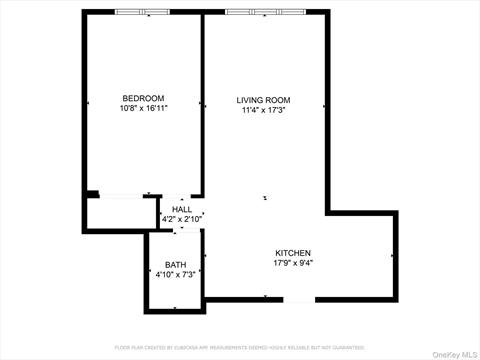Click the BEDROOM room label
[143, 98]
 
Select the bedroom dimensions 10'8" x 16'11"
[143, 108]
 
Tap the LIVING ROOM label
[263, 100]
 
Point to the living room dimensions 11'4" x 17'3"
[263, 110]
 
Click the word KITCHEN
[293, 253]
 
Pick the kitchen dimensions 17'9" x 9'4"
[293, 264]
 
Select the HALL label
[181, 209]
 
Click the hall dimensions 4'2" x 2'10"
[181, 219]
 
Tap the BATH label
[175, 265]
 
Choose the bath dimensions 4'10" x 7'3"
[175, 275]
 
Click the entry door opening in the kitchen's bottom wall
[299, 299]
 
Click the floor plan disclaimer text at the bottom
[240, 347]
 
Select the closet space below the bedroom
[121, 212]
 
